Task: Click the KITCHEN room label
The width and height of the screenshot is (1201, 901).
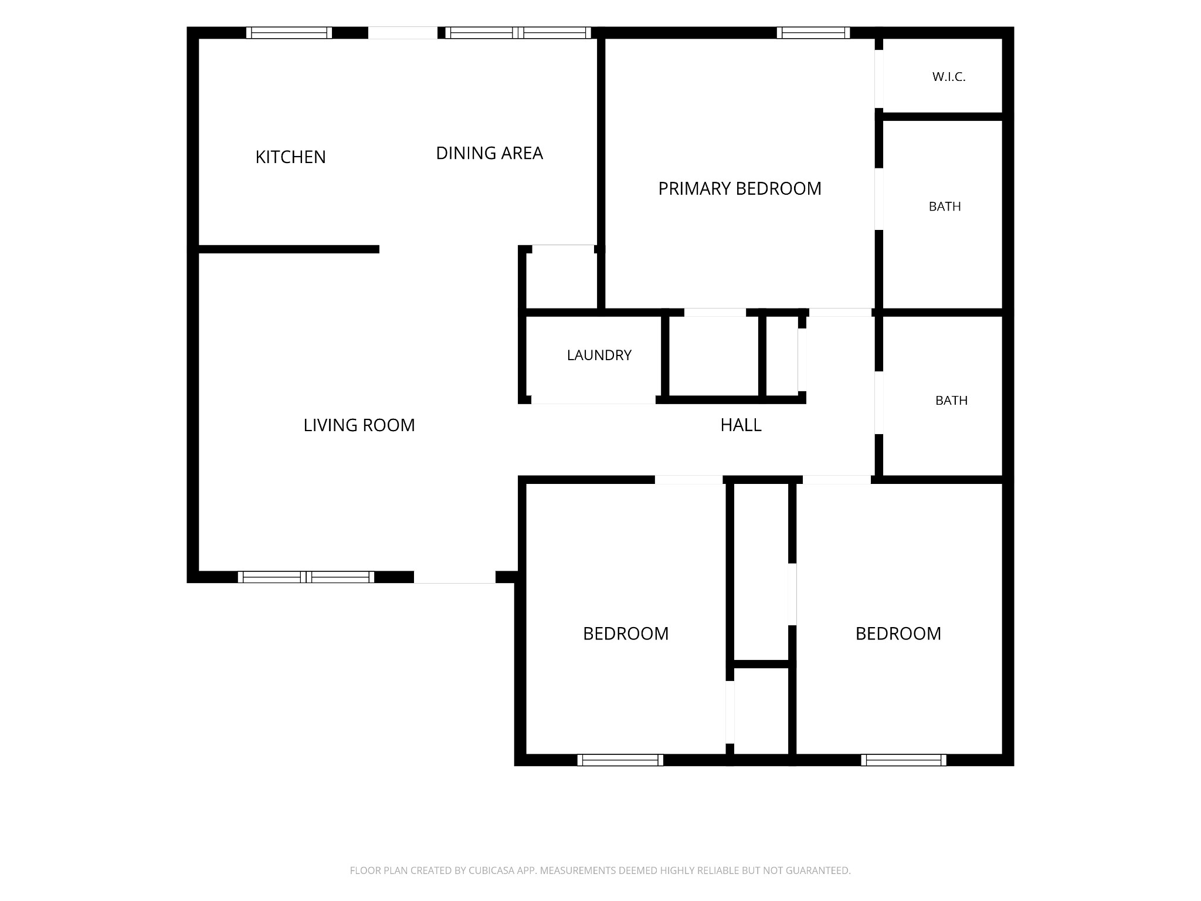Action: click(x=290, y=157)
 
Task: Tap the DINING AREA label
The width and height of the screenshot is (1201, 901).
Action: click(x=490, y=153)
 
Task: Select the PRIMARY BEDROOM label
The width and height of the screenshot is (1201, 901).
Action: click(x=739, y=188)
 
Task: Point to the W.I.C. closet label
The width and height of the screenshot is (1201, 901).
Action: click(x=949, y=77)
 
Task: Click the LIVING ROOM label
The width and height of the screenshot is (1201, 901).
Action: click(x=359, y=425)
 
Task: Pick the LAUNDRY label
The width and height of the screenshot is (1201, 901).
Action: click(x=599, y=355)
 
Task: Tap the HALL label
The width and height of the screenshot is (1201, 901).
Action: click(x=741, y=425)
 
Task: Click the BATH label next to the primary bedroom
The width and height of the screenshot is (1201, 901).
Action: click(x=945, y=206)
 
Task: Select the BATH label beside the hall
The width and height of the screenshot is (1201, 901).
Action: click(x=951, y=401)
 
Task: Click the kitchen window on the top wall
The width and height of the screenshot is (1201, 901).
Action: click(x=289, y=33)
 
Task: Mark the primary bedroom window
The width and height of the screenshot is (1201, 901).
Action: click(x=813, y=33)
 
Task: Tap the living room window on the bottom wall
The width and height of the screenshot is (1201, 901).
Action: click(x=306, y=577)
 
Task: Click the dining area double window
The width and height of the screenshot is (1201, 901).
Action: click(x=518, y=33)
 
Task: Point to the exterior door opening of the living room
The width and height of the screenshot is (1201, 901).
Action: click(x=455, y=577)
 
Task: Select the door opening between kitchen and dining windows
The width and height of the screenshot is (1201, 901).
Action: click(x=403, y=33)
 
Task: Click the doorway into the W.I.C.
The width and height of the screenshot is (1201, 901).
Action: click(x=879, y=79)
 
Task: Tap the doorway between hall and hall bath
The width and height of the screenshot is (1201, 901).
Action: click(x=879, y=403)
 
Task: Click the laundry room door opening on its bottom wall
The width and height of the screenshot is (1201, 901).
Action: click(x=593, y=400)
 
